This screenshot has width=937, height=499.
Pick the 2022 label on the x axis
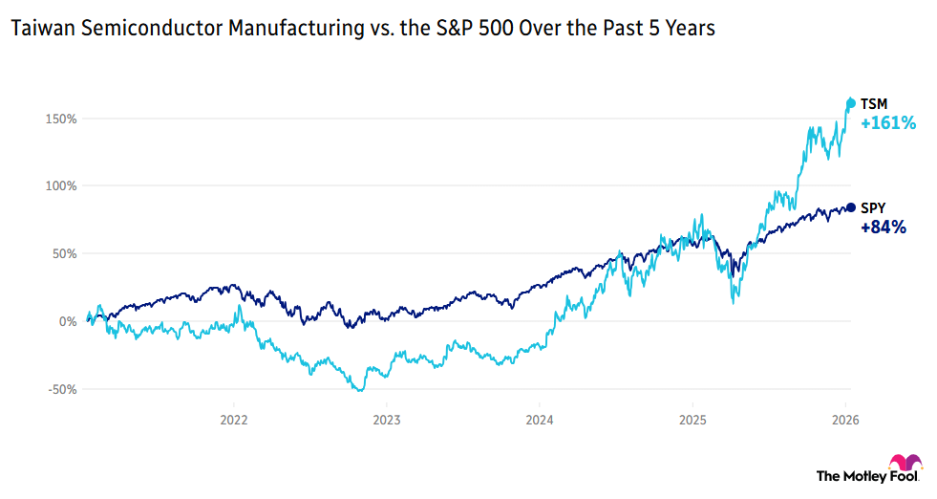point(234,419)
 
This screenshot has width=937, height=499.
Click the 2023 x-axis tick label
point(386,419)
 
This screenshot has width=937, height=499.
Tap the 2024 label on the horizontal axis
point(539,419)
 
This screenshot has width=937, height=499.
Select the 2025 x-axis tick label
point(692,419)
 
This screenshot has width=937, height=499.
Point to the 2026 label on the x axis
point(844,419)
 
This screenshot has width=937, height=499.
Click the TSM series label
point(873,103)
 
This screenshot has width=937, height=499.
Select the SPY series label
point(873,207)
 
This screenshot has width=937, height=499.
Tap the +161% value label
point(888,123)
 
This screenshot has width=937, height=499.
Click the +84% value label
point(884,228)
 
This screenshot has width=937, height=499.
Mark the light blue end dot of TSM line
point(851,103)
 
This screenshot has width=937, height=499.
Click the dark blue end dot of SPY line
point(851,207)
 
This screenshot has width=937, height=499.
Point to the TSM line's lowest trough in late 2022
point(360,390)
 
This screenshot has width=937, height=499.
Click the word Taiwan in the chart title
point(37,30)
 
